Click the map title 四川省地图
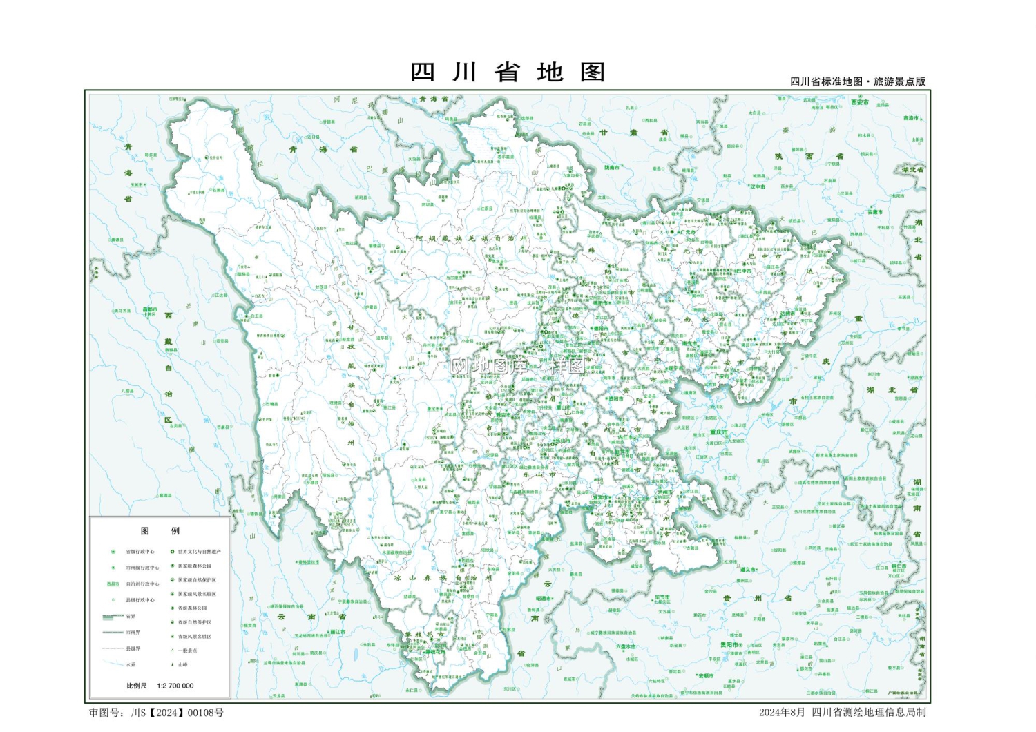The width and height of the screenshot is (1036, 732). point(508,73)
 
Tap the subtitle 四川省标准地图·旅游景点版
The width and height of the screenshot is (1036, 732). point(858,81)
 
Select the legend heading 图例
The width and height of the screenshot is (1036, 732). point(160,531)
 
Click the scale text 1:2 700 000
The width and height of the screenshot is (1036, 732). point(175,686)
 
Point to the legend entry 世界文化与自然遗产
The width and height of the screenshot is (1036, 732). point(199,552)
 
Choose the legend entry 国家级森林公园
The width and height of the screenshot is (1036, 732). point(195,566)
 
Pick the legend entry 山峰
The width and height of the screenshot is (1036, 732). point(182,664)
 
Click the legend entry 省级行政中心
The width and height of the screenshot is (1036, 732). point(140,552)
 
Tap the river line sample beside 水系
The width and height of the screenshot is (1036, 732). point(112,664)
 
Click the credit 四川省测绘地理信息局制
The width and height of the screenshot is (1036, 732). point(868,713)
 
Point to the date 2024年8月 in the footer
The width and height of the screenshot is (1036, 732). point(782,713)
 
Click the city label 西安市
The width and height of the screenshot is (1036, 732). point(860,102)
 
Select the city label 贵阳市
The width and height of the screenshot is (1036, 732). point(729,645)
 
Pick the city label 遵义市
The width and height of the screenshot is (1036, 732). point(748,570)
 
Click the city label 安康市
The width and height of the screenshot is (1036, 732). point(875,213)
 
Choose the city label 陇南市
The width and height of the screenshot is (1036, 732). point(612,167)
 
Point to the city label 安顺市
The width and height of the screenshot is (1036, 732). point(705,676)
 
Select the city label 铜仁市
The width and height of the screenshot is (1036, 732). point(899,566)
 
